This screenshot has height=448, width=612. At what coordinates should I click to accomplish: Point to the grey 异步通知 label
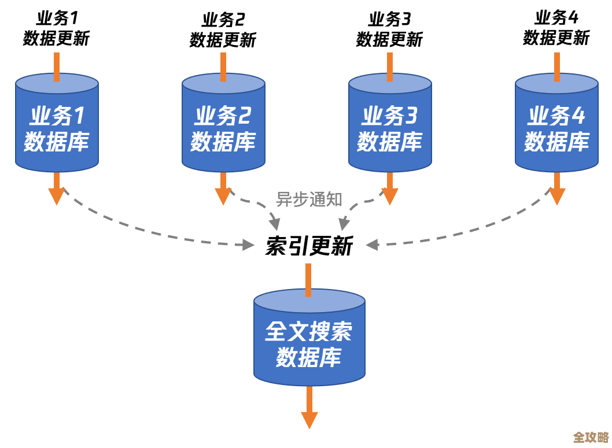(x=309, y=199)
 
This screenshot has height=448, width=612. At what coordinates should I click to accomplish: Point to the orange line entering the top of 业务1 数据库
(x=57, y=66)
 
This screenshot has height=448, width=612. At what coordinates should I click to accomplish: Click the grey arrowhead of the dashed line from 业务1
(x=248, y=245)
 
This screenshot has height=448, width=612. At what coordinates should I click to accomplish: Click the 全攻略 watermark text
(x=591, y=437)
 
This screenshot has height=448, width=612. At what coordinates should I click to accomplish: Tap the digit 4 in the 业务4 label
(x=578, y=116)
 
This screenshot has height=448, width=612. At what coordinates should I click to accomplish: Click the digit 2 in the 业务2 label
(x=244, y=116)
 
